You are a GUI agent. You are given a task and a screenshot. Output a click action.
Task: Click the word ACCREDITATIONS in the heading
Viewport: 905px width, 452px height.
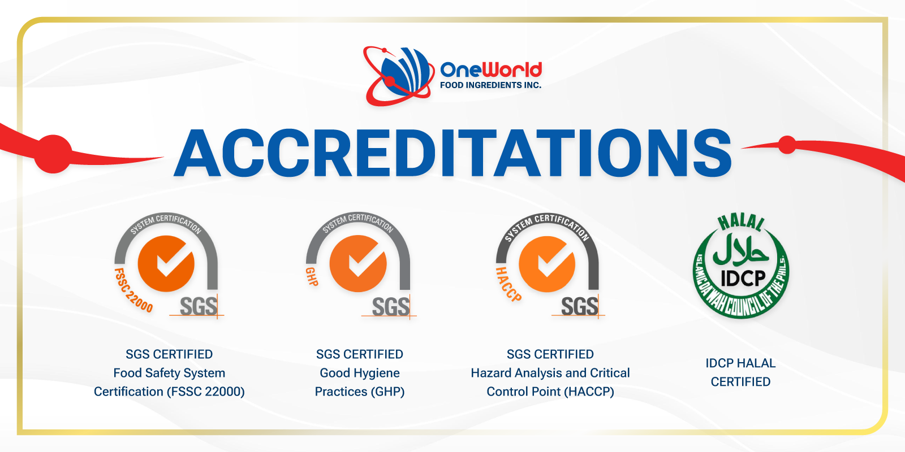[453, 153]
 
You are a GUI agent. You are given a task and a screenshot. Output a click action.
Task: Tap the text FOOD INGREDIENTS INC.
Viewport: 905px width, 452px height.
[490, 85]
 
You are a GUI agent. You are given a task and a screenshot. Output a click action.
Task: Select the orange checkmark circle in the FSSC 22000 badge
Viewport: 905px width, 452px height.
[166, 263]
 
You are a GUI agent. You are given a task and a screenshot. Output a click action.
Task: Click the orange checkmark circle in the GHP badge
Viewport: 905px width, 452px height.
[358, 263]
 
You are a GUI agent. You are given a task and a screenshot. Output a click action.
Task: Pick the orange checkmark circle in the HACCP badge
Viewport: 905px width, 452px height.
[547, 264]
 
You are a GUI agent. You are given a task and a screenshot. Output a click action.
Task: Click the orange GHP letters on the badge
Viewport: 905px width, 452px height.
[312, 276]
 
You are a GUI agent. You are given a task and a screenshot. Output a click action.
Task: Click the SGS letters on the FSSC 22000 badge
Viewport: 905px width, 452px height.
[199, 307]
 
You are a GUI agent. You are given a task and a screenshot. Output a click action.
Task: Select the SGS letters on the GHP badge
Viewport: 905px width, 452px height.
[390, 307]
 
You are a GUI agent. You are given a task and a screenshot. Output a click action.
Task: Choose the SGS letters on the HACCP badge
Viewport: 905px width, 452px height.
[580, 307]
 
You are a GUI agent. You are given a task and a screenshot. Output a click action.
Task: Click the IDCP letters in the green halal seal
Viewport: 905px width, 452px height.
[743, 279]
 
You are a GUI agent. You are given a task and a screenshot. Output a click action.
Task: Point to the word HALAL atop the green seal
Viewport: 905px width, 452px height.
[741, 222]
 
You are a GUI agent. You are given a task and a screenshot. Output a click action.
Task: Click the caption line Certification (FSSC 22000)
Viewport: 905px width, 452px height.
[169, 392]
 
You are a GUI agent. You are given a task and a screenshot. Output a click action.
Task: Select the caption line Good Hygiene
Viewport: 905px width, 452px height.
[360, 373]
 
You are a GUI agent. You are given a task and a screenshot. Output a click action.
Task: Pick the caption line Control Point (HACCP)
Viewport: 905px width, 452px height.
[550, 392]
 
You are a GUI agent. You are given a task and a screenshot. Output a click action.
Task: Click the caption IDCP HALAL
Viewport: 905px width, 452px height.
[740, 363]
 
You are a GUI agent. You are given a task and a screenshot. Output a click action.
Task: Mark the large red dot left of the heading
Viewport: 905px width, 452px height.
[53, 154]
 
